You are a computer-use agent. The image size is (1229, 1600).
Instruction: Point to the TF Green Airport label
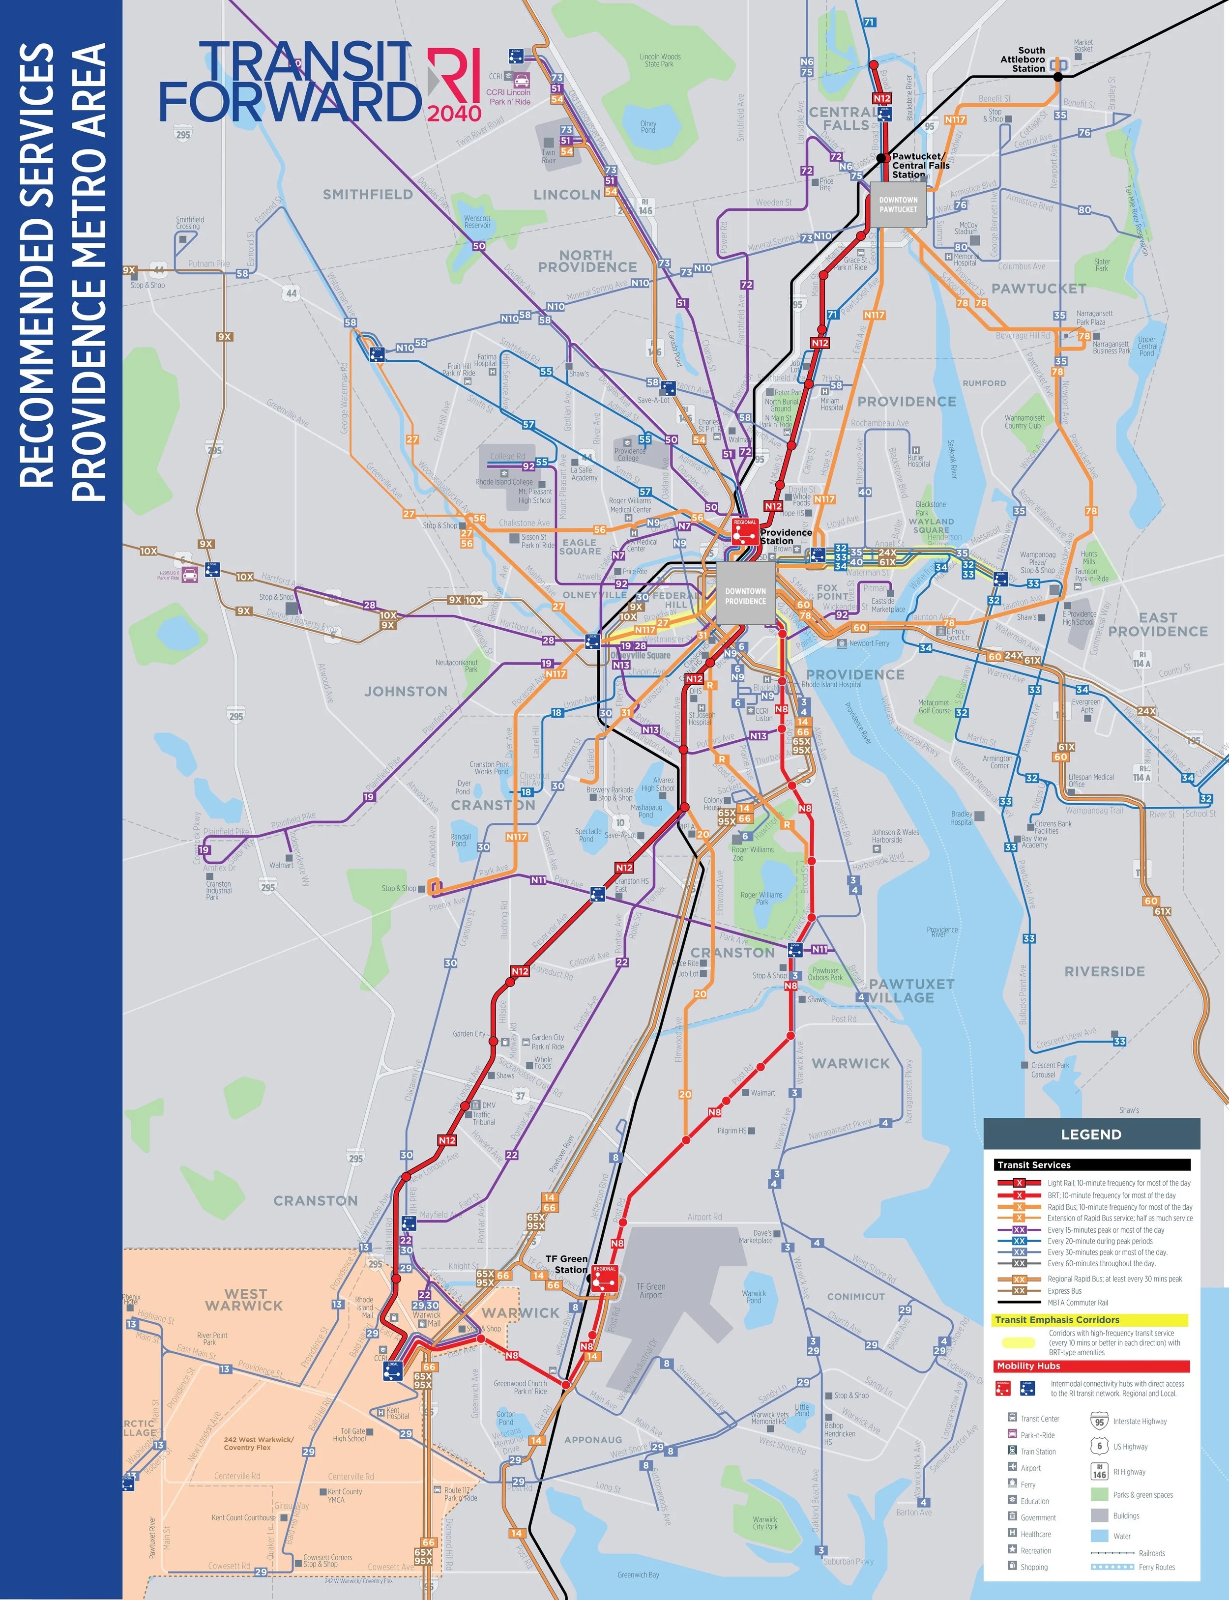coord(650,1291)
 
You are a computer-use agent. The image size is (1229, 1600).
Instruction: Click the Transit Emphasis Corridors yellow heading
coord(1056,1320)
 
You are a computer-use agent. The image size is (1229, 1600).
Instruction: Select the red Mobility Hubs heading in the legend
coord(1028,1366)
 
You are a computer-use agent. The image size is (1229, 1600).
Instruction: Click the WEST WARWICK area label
coord(244,1300)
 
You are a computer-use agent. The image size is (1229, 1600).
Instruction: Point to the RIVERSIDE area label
coord(1104,971)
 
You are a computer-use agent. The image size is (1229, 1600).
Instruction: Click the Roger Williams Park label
coord(761,898)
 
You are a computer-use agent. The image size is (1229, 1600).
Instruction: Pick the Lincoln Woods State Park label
coord(660,60)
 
